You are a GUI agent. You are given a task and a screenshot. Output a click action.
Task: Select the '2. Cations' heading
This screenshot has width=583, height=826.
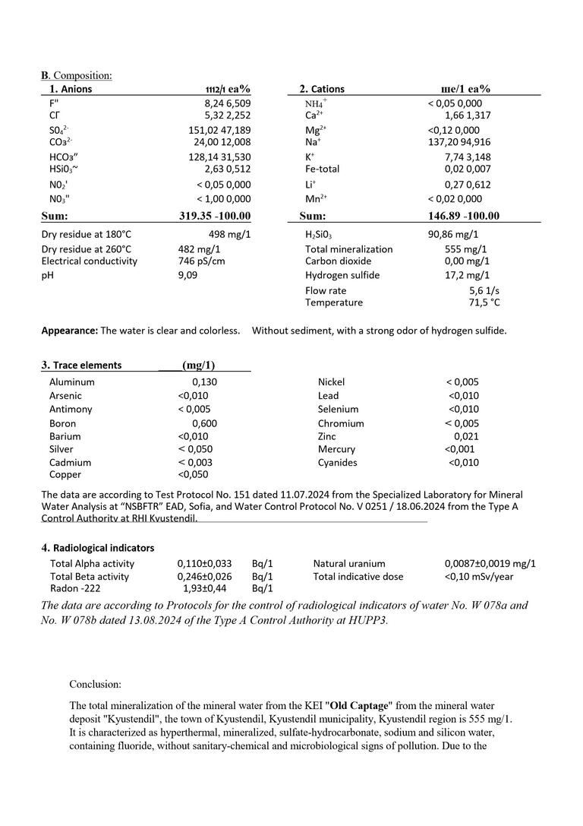[x=321, y=89]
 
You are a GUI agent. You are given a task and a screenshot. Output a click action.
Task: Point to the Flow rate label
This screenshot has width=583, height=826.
[x=326, y=290]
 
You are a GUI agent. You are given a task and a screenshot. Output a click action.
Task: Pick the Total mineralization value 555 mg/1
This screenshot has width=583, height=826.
[x=465, y=249]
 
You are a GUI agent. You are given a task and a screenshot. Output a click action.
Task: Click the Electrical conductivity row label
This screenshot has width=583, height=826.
[x=90, y=261]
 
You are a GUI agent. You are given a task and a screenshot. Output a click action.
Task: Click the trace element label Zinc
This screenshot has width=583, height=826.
[x=327, y=436]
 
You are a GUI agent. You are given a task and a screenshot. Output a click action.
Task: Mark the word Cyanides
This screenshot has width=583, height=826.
[x=338, y=462]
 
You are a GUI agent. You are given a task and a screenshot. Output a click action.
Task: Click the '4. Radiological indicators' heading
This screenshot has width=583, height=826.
[x=98, y=547]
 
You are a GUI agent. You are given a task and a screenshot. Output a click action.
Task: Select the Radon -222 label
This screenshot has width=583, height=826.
[x=75, y=588]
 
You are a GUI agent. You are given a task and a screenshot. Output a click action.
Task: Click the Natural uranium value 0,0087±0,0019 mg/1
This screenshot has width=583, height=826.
[x=490, y=564]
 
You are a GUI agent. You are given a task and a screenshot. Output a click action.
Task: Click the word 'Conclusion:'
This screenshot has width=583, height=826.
[x=95, y=684]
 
